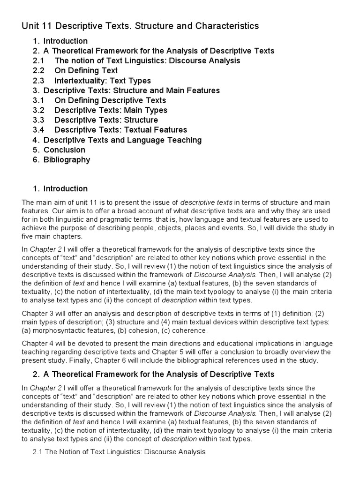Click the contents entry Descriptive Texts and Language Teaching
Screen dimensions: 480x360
[122, 140]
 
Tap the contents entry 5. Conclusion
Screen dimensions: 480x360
[64, 150]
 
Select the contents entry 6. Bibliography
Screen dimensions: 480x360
[67, 159]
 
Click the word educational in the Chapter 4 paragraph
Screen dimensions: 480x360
[234, 343]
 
